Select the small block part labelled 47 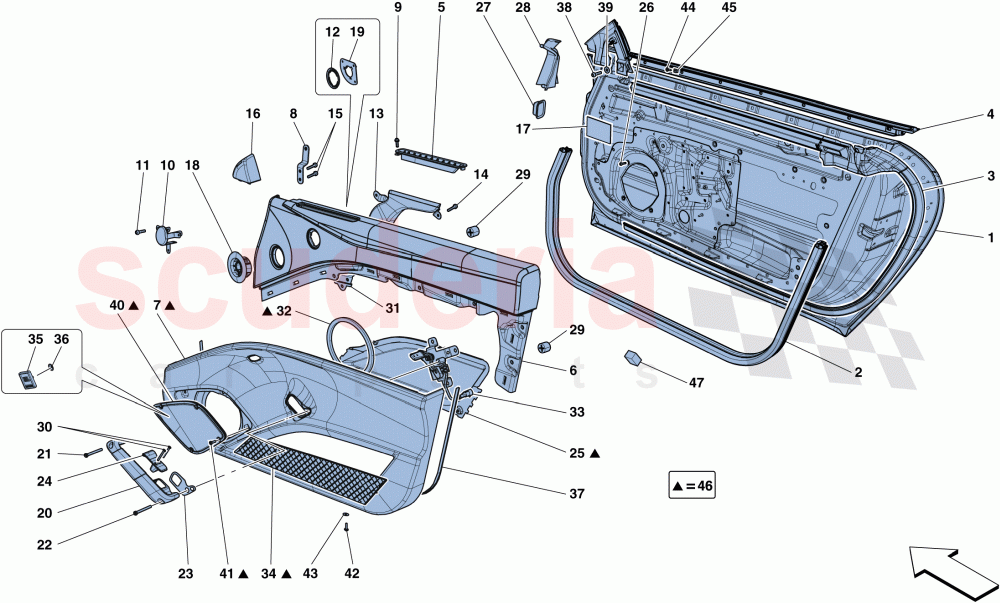click(634, 358)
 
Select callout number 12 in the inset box click(333, 32)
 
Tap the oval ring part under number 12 click(331, 76)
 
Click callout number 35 click(34, 340)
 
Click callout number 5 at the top click(441, 9)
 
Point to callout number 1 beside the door click(990, 237)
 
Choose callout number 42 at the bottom click(351, 573)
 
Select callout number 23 click(184, 573)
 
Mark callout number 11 click(142, 165)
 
